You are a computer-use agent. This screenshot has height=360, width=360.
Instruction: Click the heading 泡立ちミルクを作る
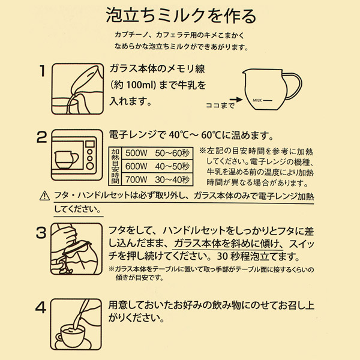(181, 16)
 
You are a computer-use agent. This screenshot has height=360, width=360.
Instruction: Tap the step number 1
(42, 70)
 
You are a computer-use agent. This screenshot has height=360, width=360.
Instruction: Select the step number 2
(42, 137)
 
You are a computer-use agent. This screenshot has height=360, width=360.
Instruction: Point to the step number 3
(41, 233)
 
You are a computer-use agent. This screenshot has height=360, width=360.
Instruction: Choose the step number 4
(41, 308)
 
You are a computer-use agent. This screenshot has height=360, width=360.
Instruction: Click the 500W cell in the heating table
(136, 153)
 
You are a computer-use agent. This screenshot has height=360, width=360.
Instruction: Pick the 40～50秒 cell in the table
(172, 166)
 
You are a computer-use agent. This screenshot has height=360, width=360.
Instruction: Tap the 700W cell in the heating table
(136, 180)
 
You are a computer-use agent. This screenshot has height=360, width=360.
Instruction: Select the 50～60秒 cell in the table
(172, 153)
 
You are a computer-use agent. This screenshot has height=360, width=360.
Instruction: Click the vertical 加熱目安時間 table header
(115, 166)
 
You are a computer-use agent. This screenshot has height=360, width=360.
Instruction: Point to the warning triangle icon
(44, 196)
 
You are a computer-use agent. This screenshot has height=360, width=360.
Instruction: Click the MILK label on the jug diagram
(257, 100)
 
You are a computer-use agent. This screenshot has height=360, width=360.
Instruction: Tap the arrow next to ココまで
(236, 100)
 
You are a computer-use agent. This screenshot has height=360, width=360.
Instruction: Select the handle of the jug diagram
(292, 86)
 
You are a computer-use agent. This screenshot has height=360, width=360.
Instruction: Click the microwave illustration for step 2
(77, 155)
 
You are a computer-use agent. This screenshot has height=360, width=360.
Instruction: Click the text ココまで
(220, 106)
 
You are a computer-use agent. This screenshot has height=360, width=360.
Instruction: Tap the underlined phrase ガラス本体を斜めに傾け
(227, 244)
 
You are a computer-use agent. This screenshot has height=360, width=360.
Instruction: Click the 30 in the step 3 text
(222, 256)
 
